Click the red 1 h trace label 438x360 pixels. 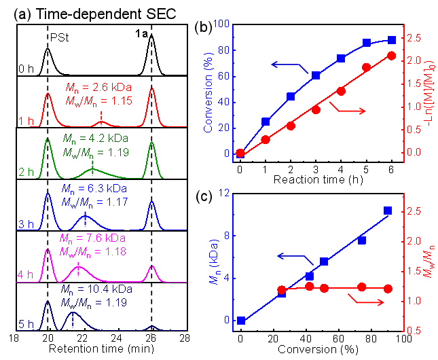26,121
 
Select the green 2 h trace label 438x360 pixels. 26,173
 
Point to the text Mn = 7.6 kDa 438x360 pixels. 92,238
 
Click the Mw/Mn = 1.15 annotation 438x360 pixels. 98,101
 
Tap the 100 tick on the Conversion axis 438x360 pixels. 220,24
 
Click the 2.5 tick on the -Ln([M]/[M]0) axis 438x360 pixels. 414,39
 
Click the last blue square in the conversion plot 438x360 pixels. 392,41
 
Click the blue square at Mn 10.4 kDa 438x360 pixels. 388,211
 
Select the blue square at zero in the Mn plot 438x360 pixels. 241,320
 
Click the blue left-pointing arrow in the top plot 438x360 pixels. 285,65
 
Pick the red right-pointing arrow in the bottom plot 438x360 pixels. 367,300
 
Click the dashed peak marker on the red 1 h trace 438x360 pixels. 101,119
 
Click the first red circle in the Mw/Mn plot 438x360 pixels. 282,290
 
